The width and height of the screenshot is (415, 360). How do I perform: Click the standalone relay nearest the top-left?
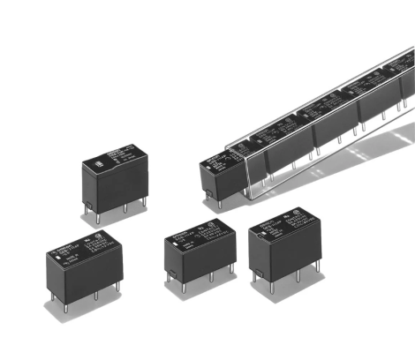point(114,181)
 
